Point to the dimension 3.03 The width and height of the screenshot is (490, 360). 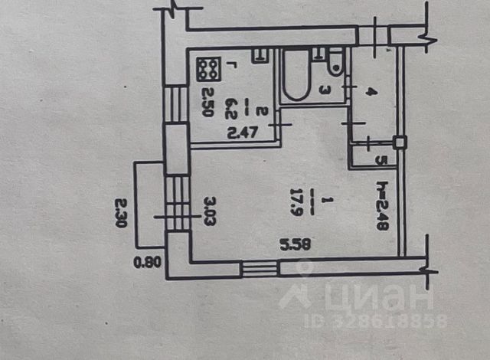point(207,208)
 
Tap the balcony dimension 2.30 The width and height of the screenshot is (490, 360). point(119,214)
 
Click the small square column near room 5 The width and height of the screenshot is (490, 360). point(398,142)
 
